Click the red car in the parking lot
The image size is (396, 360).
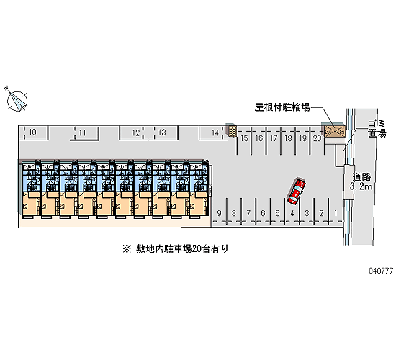tap(296, 192)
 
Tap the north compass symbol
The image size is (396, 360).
tap(17, 100)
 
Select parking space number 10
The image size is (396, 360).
tap(33, 132)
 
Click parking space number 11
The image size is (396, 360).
tap(83, 132)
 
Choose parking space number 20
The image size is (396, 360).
tap(318, 139)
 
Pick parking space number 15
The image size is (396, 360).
tap(244, 139)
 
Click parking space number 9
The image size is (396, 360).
tap(219, 213)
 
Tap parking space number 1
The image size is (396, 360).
tap(336, 213)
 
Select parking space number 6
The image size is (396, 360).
tap(263, 213)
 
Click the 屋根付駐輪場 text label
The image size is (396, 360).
tap(282, 107)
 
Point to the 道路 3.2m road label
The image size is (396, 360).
tap(362, 181)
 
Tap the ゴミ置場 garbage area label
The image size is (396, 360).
tap(377, 129)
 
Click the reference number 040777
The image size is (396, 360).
tap(381, 271)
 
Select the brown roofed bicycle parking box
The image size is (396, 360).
tap(335, 131)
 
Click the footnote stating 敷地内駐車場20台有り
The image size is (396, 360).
tap(176, 249)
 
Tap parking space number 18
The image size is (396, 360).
tap(288, 139)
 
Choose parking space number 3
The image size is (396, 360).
tap(307, 213)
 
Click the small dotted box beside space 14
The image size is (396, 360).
tap(233, 131)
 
